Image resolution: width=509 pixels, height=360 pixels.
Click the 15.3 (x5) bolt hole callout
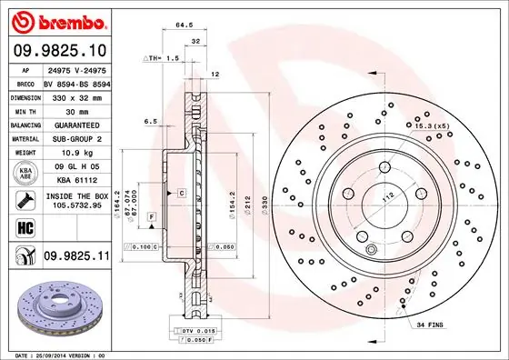435,125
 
